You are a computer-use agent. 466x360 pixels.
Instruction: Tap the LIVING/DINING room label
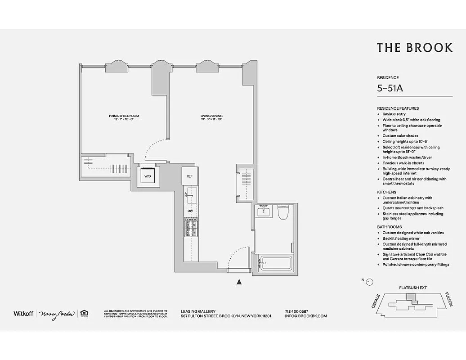tap(211, 116)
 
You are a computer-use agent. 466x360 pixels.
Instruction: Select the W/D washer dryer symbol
tap(148, 176)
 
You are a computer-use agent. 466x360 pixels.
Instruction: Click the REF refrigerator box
tap(189, 176)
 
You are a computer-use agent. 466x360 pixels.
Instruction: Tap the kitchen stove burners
tap(190, 228)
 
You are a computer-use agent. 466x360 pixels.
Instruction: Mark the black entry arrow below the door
tap(239, 282)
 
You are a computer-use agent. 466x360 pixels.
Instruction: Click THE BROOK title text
tap(414, 48)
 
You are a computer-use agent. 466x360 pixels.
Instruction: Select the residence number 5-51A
tap(390, 88)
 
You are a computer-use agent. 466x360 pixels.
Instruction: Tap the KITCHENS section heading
tap(386, 192)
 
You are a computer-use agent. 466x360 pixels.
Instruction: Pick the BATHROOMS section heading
tap(390, 227)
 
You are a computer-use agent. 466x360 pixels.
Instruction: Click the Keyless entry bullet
tap(394, 114)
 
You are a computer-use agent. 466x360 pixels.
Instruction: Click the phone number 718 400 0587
tap(296, 311)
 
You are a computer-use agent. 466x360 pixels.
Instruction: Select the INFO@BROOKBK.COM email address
tap(306, 316)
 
